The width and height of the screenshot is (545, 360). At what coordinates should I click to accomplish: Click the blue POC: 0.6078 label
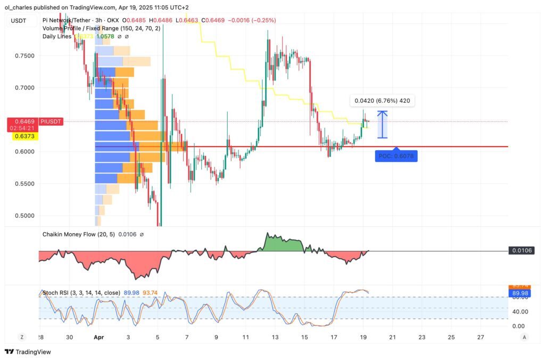coord(396,157)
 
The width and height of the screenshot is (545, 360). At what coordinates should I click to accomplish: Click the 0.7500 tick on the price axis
coord(24,56)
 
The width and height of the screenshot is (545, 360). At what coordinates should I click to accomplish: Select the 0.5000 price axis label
coord(24,216)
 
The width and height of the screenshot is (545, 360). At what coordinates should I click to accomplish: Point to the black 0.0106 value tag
coord(521,250)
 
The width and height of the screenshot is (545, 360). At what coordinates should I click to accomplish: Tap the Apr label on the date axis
coord(98,337)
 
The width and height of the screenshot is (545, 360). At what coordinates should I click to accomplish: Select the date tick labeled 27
coord(480,337)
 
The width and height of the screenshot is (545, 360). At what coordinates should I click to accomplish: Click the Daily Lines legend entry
coord(57,36)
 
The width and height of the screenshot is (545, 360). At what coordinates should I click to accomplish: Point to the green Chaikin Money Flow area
coord(282,244)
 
